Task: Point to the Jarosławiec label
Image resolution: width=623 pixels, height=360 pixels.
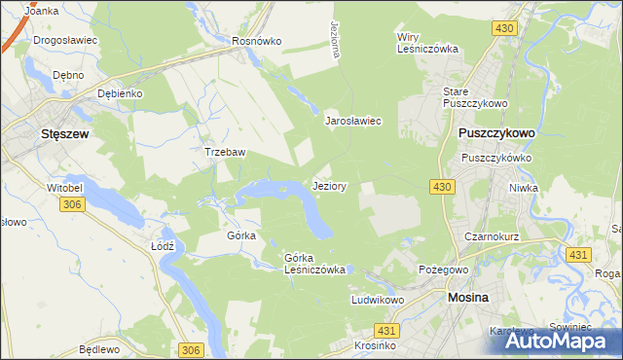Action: [352, 122]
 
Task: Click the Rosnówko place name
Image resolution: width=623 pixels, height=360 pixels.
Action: [257, 42]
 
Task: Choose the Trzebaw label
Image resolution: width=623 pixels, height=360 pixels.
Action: [223, 153]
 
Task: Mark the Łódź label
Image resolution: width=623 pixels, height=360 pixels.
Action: [163, 246]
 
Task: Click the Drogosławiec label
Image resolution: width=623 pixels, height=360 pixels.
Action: [63, 42]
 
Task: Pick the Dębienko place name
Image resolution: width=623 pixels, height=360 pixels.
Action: [121, 93]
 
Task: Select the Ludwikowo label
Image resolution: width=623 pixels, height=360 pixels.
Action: [378, 301]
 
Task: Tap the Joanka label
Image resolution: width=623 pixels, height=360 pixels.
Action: [43, 11]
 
